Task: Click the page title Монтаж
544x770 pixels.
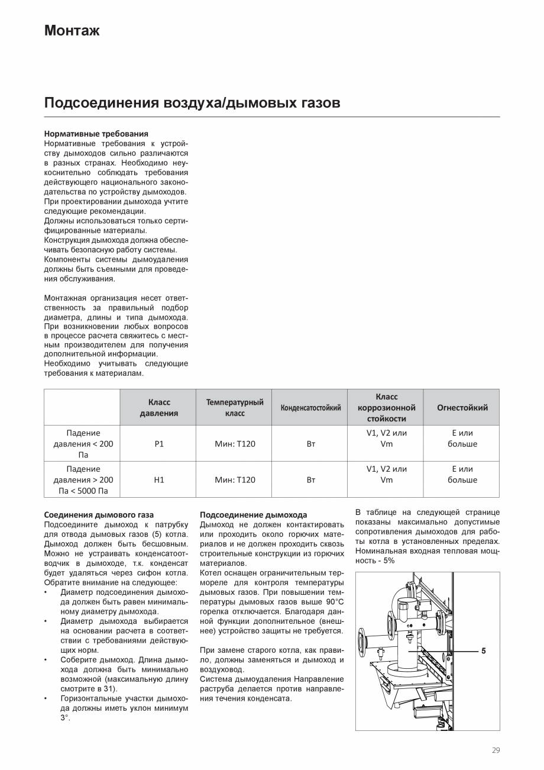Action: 72,31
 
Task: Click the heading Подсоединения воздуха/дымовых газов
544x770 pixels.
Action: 192,103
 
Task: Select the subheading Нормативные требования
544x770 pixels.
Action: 96,134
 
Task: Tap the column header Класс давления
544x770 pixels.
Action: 158,407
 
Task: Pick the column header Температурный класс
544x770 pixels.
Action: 235,407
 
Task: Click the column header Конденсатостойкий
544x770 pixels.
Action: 310,407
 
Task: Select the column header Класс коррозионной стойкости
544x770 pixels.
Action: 386,407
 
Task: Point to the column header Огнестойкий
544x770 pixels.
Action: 462,407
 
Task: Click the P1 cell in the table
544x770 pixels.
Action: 158,444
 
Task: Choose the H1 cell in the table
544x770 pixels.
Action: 158,479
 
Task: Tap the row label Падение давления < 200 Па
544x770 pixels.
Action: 83,444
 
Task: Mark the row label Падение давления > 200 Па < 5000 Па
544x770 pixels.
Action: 83,479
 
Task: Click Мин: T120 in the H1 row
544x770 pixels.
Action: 235,479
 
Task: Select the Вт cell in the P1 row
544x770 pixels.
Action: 310,444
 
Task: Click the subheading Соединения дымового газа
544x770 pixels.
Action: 99,515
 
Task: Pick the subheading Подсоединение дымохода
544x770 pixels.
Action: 253,515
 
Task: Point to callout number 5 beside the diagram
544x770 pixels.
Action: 483,650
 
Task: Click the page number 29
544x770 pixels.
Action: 496,750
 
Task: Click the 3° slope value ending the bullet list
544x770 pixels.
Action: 65,717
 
